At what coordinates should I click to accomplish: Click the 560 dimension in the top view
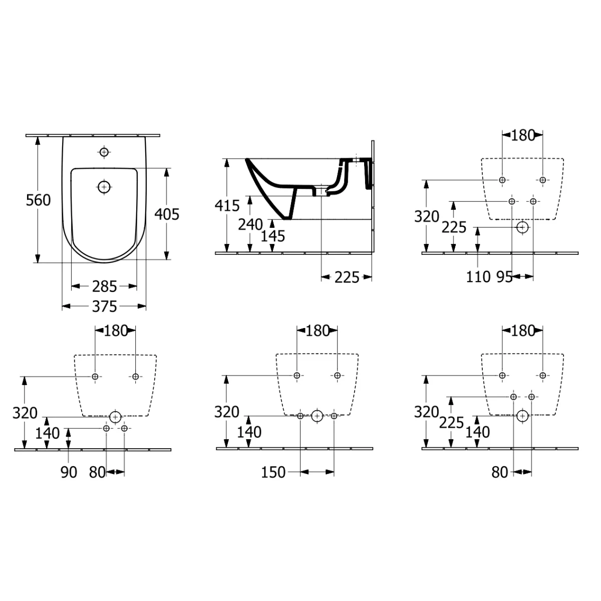(38, 200)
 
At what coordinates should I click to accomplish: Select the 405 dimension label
(167, 214)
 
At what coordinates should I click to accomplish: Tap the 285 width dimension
(104, 286)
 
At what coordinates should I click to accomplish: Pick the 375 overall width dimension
(104, 307)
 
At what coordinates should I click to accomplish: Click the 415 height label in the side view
(227, 205)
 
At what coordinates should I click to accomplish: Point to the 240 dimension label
(250, 224)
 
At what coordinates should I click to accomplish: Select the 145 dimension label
(273, 236)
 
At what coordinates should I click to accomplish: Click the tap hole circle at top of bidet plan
(104, 152)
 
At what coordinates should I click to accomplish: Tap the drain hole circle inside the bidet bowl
(104, 187)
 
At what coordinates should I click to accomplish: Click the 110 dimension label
(478, 277)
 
